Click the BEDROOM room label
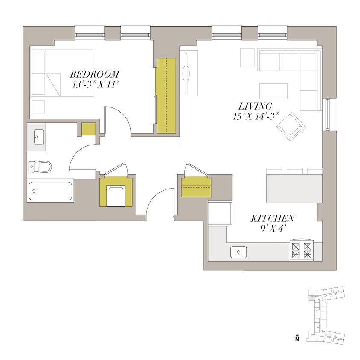tap(95, 74)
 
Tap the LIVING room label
tap(255, 106)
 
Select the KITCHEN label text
tap(273, 218)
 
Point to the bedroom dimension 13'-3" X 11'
tap(94, 84)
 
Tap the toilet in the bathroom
tap(40, 166)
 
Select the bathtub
tap(50, 192)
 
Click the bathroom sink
tap(37, 137)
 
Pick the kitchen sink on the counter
tap(238, 252)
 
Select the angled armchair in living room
tap(290, 126)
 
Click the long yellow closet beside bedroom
tap(166, 96)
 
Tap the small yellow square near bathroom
tap(88, 129)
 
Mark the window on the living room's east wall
tap(328, 113)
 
